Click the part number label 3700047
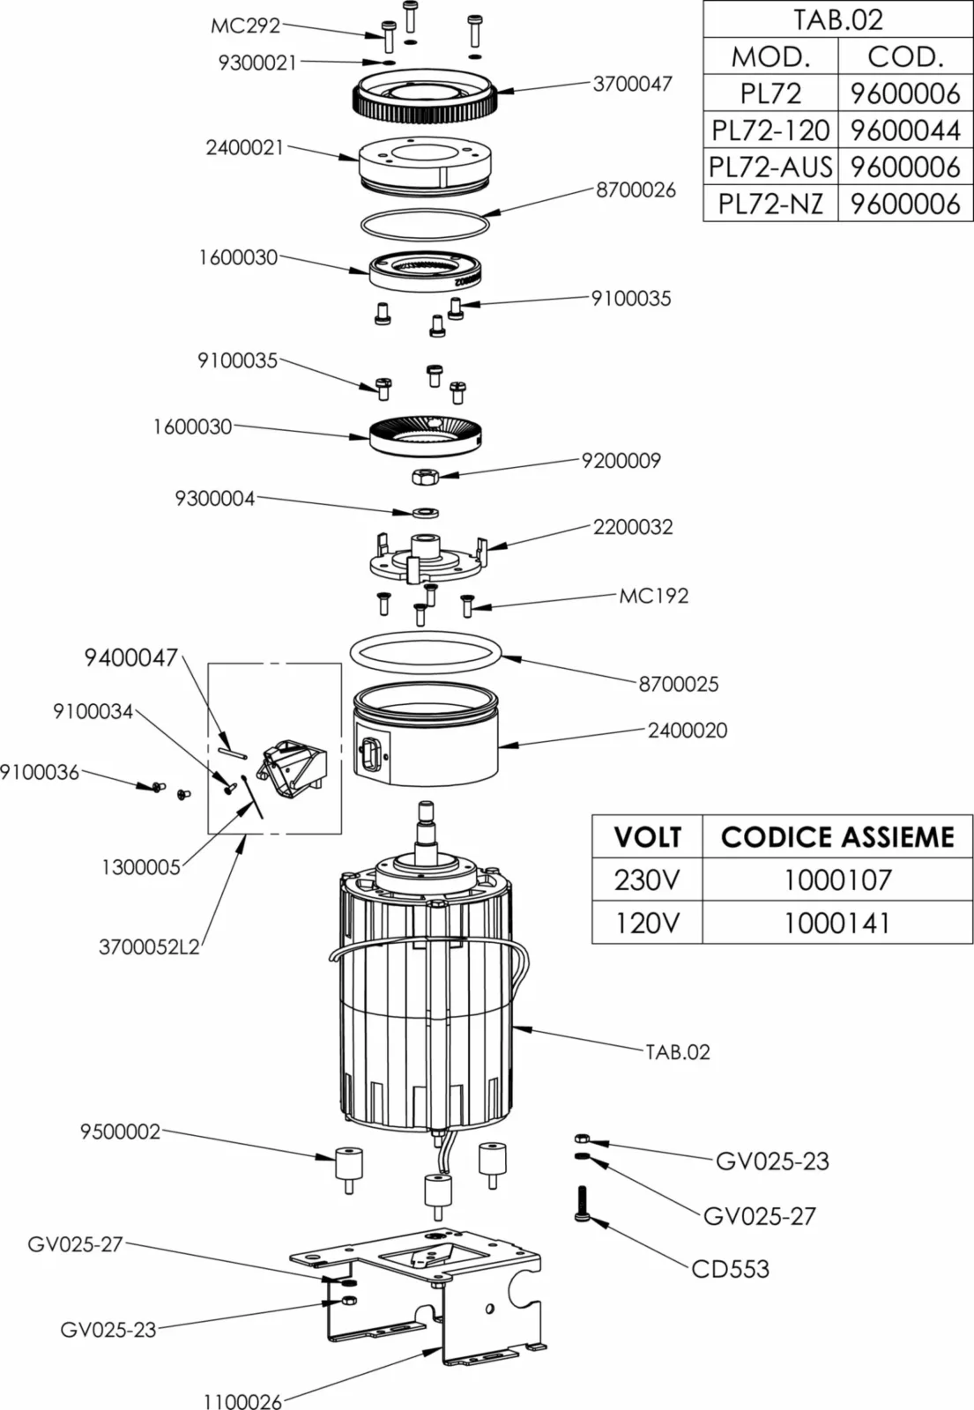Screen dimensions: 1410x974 point(632,84)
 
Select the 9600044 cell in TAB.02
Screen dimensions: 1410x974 point(904,130)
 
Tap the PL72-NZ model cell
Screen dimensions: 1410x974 point(770,204)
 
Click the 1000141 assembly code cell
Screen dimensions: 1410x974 point(836,923)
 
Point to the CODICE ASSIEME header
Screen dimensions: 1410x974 point(836,836)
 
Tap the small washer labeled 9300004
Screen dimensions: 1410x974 point(425,511)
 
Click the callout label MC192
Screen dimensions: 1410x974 point(653,596)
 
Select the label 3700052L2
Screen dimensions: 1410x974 point(149,947)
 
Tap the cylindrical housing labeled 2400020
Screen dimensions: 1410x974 point(427,749)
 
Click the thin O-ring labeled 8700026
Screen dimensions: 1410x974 point(425,224)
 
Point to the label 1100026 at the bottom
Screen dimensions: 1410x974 point(242,1400)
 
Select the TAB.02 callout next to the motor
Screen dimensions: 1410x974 point(677,1051)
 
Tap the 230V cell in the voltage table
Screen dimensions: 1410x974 point(647,879)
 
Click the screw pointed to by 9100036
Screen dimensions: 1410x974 point(157,785)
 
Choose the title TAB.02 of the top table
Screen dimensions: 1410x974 point(836,19)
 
